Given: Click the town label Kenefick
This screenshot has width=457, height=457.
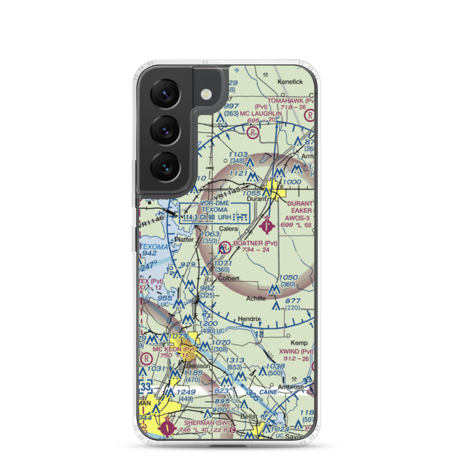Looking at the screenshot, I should click(291, 82).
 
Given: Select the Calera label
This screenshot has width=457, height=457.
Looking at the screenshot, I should click(228, 228).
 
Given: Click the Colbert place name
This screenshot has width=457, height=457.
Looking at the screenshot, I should click(228, 278).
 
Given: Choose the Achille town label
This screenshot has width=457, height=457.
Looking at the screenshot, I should click(256, 298).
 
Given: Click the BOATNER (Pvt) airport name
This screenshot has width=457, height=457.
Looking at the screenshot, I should click(255, 243).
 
